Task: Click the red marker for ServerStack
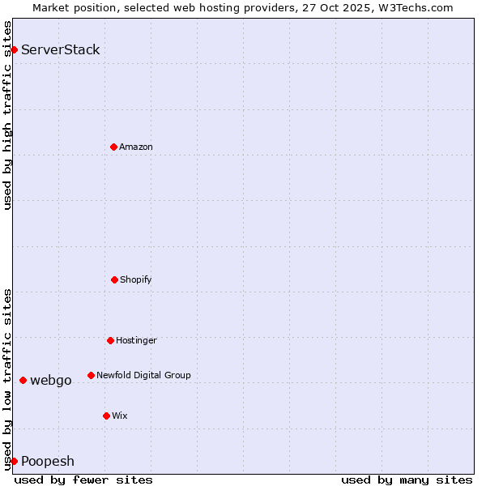14,50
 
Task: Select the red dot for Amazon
113,147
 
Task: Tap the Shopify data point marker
114,279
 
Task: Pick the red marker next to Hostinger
110,340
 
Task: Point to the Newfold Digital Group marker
91,375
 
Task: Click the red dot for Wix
106,416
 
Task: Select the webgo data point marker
23,380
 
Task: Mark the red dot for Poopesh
14,461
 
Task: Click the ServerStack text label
61,50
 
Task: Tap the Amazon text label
136,147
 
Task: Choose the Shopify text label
136,279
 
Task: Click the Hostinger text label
136,340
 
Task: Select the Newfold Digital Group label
143,375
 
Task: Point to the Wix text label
120,416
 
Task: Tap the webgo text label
51,380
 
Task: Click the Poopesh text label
48,461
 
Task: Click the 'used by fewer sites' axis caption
83,480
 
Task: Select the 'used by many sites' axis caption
407,480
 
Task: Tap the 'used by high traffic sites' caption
7,115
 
